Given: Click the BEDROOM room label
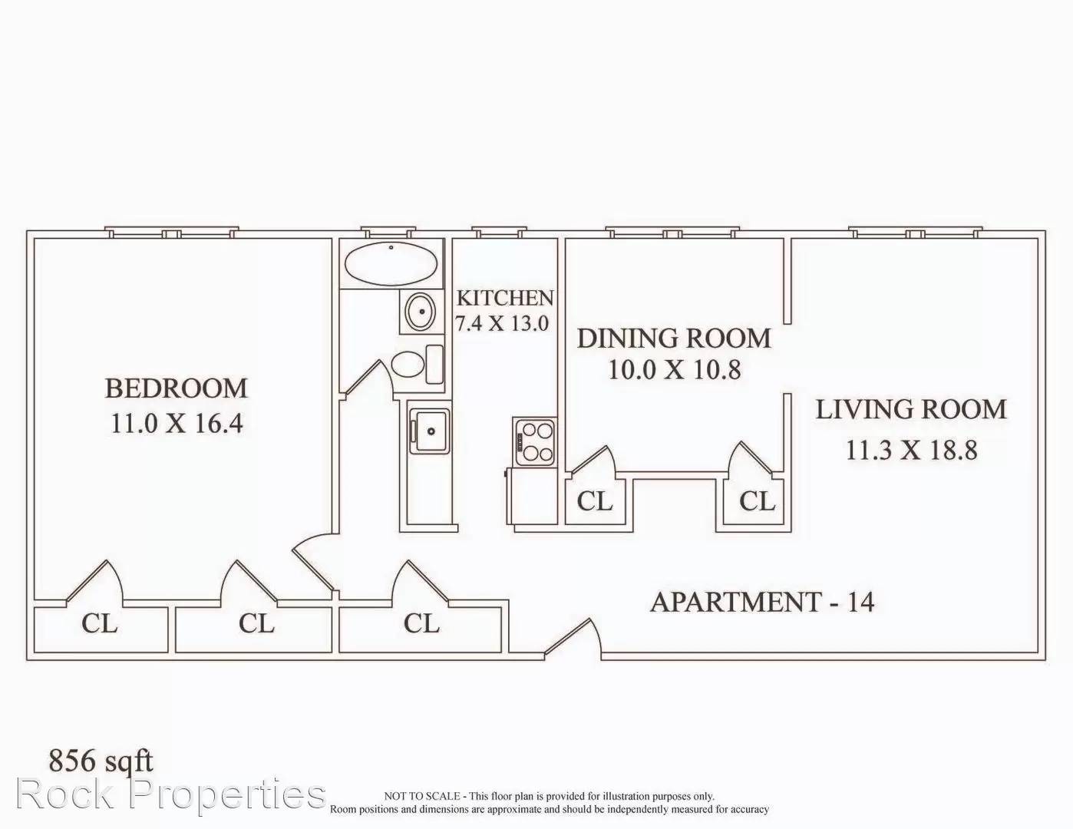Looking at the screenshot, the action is (177, 388).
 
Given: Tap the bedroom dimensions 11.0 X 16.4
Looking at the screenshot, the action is (177, 423).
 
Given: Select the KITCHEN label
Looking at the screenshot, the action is (505, 298).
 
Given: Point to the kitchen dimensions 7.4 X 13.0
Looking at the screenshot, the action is (502, 323).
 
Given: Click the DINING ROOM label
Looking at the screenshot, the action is (674, 339).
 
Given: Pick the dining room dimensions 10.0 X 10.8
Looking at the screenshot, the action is (675, 369).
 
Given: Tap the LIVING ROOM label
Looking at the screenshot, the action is (911, 409).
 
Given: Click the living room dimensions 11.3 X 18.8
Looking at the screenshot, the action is (912, 450).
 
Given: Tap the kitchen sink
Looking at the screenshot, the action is (429, 431).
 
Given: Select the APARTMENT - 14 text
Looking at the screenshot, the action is (762, 603).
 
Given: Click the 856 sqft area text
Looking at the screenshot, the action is (101, 761).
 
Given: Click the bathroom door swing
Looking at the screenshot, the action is (368, 378).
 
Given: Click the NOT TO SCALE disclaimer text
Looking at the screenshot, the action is (549, 803).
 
